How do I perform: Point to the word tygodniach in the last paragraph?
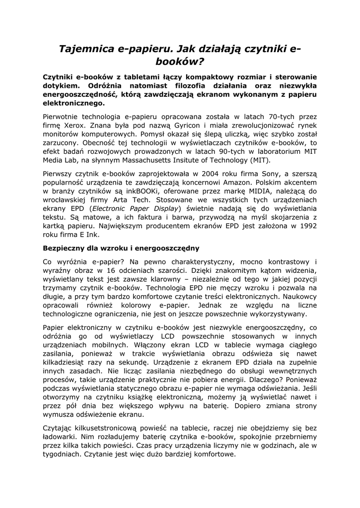(x=62, y=455)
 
